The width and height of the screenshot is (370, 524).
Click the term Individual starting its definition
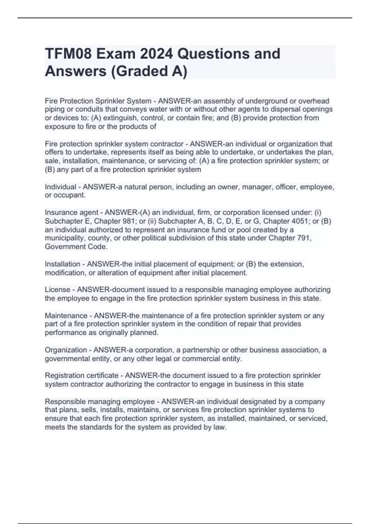60,187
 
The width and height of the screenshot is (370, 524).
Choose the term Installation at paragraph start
62,264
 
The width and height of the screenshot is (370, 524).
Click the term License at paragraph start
57,290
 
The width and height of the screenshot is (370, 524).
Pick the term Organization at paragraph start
66,350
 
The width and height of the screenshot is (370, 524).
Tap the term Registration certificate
81,376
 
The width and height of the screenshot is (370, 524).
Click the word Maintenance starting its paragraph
66,316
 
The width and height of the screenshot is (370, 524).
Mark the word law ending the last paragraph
219,428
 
